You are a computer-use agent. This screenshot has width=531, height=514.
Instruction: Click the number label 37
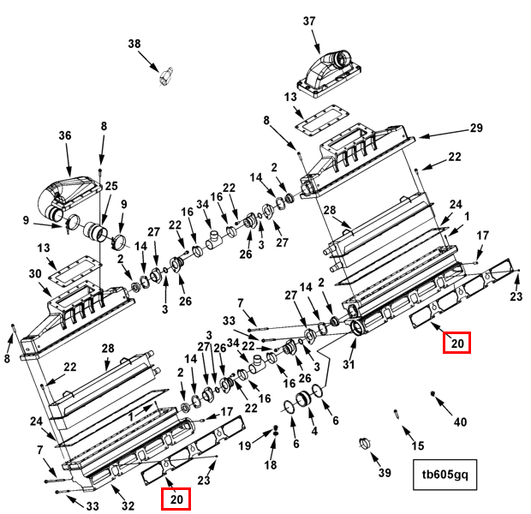point(309,21)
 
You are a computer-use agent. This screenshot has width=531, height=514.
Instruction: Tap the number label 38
point(134,44)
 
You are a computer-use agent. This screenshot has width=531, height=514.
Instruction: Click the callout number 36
point(64,135)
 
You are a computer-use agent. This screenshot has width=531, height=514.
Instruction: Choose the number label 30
point(35,273)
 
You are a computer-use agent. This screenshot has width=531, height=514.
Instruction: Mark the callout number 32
point(128,505)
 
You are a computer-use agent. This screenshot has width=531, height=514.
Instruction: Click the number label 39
point(384,473)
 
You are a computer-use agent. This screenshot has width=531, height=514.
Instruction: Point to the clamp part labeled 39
point(363,444)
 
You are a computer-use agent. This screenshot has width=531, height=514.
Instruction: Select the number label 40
point(461,421)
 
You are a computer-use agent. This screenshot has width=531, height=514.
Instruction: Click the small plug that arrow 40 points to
point(433,393)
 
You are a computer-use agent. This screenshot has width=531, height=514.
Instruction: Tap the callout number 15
point(417,445)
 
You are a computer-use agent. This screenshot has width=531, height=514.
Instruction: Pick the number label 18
point(271,464)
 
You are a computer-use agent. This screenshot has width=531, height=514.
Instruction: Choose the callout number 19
point(245,445)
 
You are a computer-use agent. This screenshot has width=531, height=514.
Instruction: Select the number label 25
point(111,186)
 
